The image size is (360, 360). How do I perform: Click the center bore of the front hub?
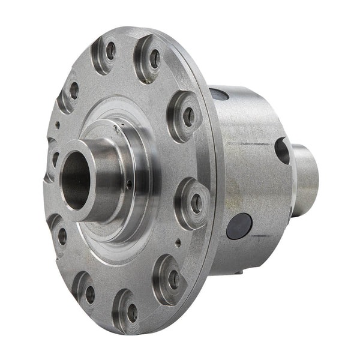click(76, 179)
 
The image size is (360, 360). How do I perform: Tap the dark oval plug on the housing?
click(240, 226)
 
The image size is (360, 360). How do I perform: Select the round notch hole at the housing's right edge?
click(282, 150)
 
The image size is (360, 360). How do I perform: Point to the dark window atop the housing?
click(218, 94)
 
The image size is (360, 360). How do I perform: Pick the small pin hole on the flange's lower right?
click(179, 243)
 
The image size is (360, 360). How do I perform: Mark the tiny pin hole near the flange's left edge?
click(58, 125)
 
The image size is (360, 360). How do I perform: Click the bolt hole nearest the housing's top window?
click(188, 116)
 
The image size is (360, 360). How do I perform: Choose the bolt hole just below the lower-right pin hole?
click(173, 279)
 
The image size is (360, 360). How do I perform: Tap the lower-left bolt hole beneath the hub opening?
click(62, 236)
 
